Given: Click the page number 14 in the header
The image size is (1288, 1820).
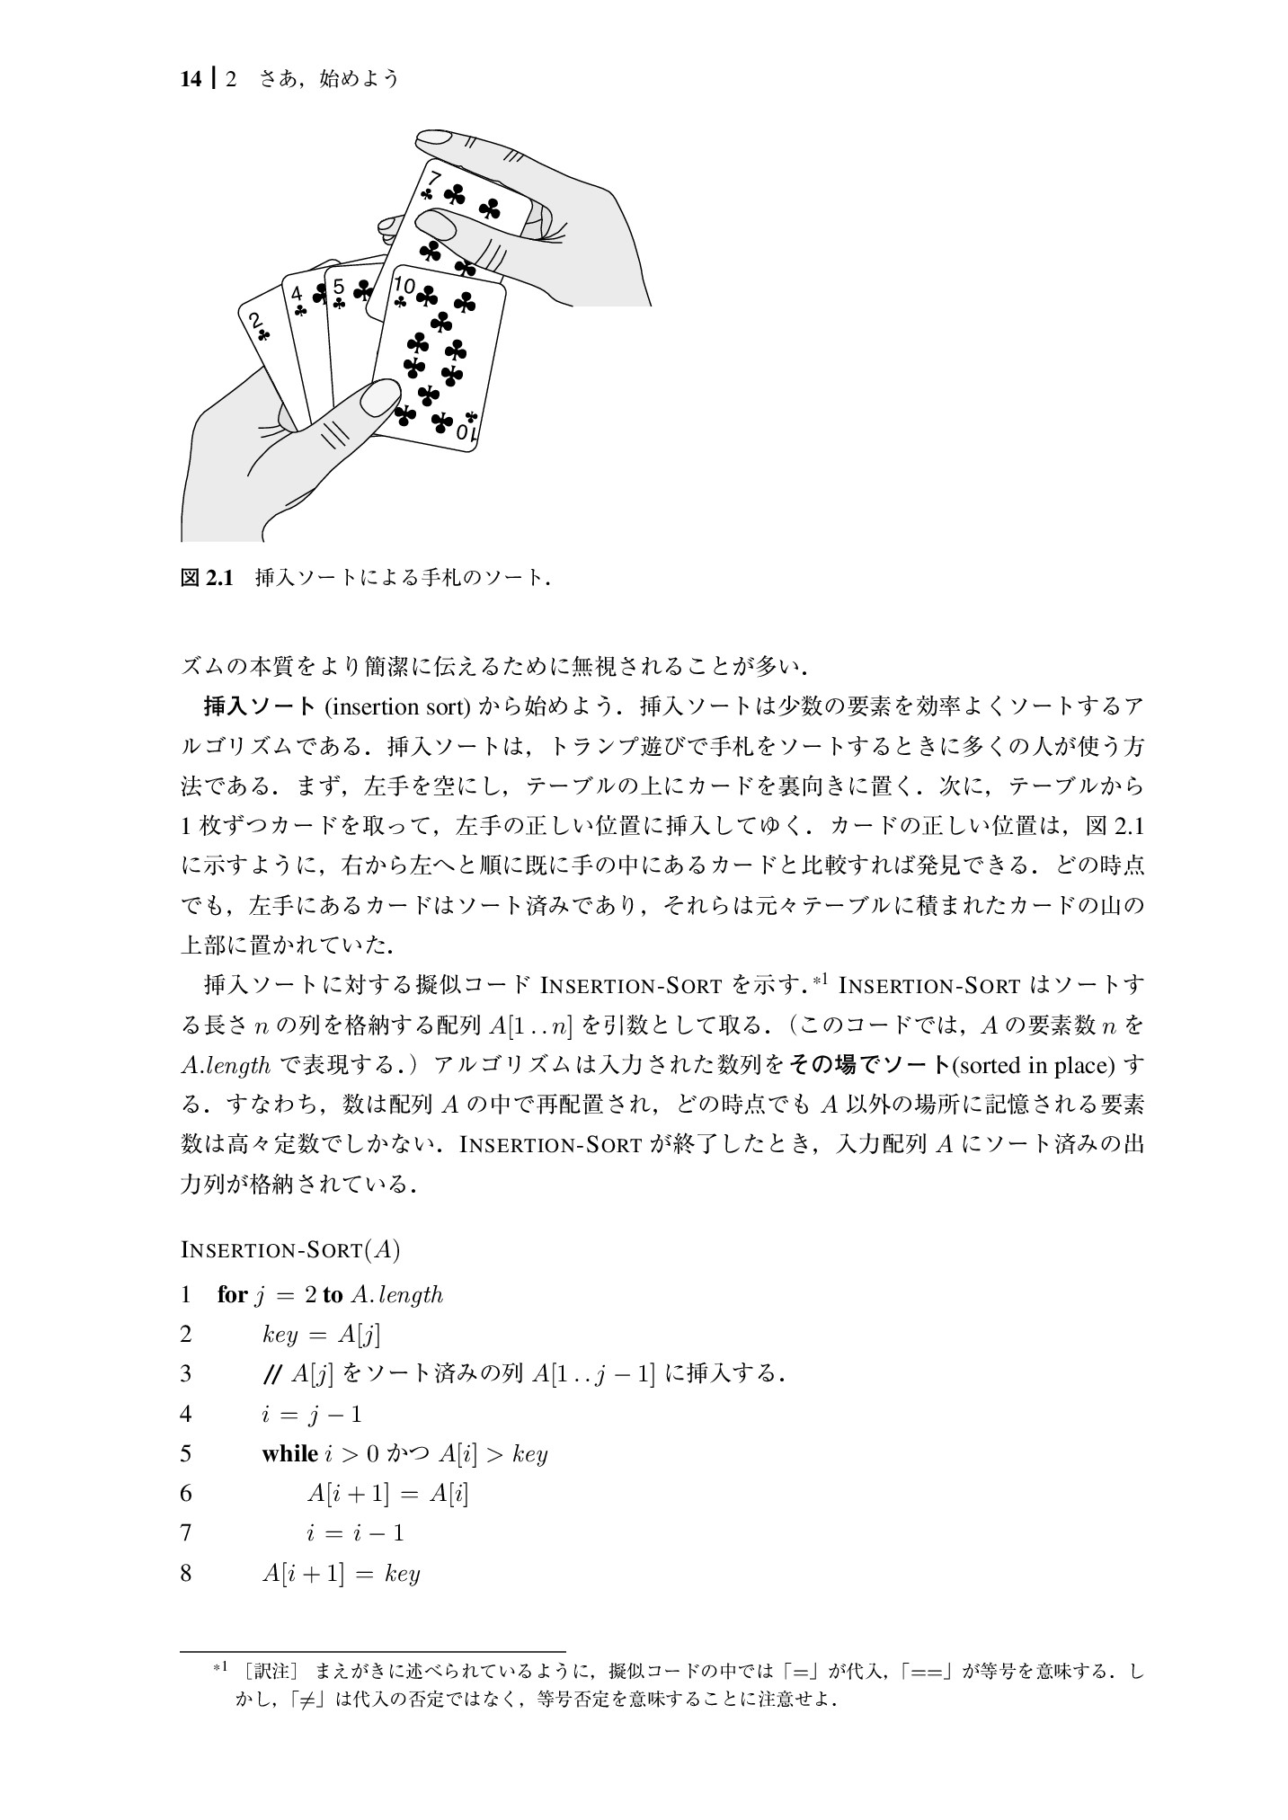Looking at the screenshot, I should [x=190, y=79].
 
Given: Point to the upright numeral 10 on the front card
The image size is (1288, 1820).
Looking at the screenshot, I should [x=404, y=286].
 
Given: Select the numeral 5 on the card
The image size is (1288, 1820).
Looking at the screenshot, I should [x=339, y=287].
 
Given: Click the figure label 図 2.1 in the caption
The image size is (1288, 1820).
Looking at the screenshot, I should [x=208, y=577].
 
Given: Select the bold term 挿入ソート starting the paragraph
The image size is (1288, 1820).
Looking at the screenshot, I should [x=260, y=706].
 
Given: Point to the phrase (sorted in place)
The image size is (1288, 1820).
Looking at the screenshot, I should [x=1032, y=1065].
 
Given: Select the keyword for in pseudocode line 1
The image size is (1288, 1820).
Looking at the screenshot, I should [x=231, y=1295].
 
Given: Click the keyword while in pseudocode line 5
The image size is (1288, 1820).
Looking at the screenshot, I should [x=289, y=1453].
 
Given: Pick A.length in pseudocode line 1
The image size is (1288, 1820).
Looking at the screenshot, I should [x=396, y=1295].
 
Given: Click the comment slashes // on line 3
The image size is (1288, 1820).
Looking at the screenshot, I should [x=271, y=1374].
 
